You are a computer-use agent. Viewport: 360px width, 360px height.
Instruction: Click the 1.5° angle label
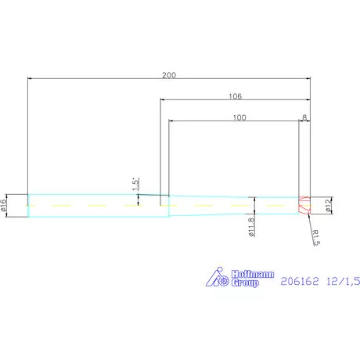pos(135,184)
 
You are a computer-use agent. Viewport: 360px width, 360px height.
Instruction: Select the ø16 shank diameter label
pos(4,205)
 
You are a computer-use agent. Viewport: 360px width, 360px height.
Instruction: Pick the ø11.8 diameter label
pos(251,227)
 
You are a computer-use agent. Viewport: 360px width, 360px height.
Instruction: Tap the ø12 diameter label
pos(329,205)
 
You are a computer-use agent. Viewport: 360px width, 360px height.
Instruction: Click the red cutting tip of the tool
pos(304,205)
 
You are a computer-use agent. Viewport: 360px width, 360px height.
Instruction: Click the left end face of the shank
pos(28,205)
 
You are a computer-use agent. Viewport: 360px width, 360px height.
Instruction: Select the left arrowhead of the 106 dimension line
pos(163,100)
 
